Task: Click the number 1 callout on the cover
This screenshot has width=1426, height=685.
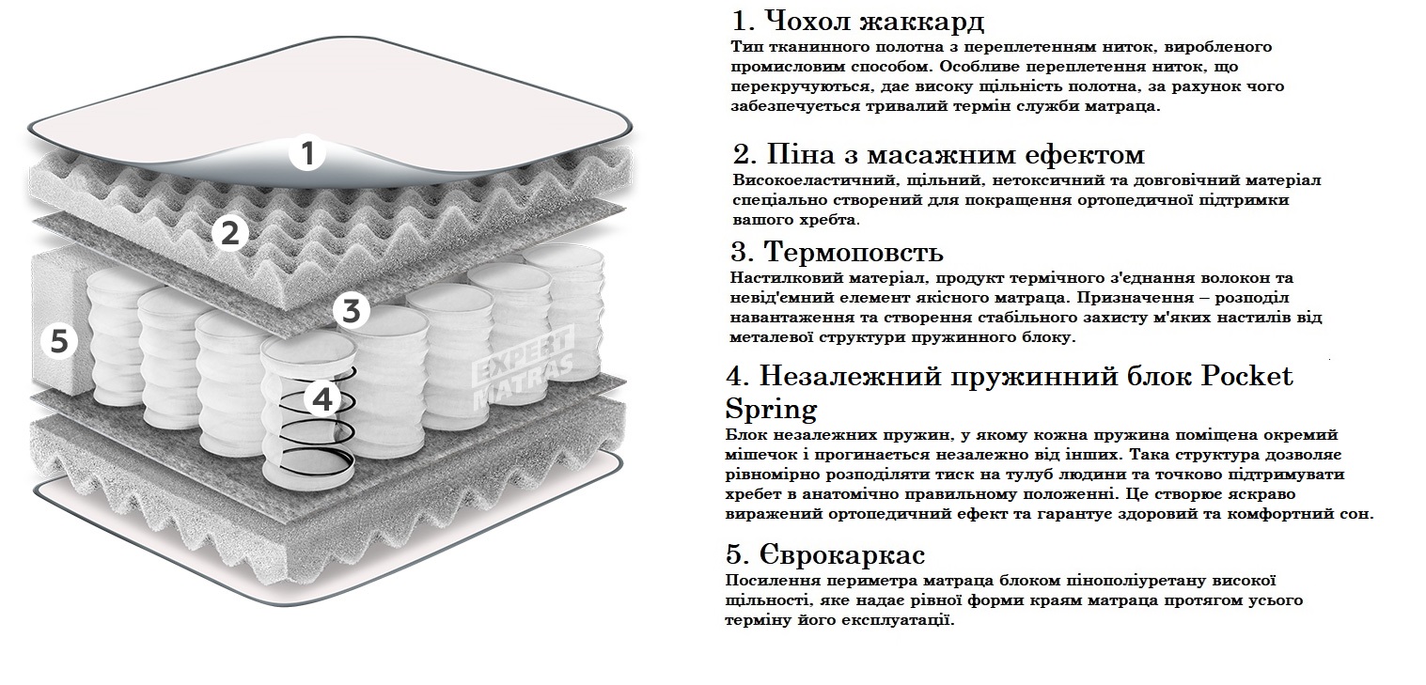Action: (307, 153)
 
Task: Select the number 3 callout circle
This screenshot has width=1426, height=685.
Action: (352, 310)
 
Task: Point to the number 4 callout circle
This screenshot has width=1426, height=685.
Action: (322, 399)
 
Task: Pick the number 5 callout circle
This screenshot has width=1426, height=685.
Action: (58, 341)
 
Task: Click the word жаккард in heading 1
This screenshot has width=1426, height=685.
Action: (922, 23)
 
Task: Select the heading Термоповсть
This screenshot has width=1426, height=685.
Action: (838, 252)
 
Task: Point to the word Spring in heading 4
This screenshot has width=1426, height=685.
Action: (771, 410)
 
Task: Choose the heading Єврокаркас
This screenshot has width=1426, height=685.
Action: (825, 553)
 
